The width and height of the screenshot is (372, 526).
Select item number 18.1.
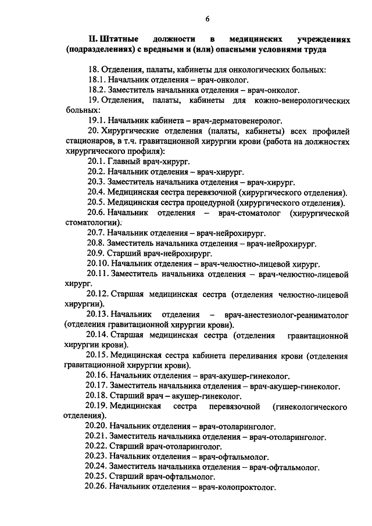tap(95, 80)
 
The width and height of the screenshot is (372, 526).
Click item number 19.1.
tap(95, 121)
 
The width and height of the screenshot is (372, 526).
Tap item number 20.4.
tap(95, 192)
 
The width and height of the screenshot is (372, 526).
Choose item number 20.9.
tap(95, 253)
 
